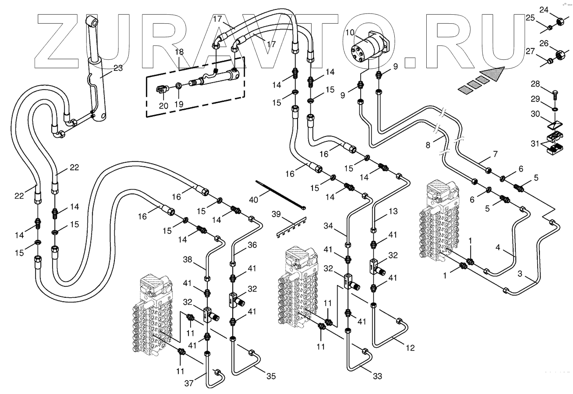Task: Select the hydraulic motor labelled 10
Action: pos(369,47)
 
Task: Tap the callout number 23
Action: pos(118,68)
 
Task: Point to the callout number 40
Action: pos(254,199)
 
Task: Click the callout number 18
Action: pos(179,52)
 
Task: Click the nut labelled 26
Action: pos(558,54)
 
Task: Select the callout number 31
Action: pos(535,143)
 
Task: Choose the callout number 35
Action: pos(271,376)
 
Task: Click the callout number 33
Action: pos(377,376)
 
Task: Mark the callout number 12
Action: pos(410,348)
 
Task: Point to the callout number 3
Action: pos(520,274)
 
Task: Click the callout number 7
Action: pos(495,154)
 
